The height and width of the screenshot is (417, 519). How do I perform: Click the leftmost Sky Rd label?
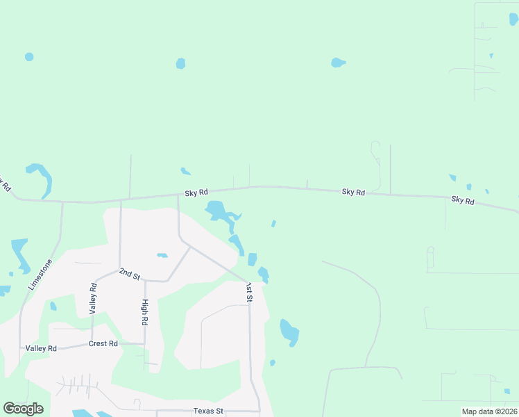196,193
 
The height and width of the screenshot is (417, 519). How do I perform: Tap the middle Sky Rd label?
353,192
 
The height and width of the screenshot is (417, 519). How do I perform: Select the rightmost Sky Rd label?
463,200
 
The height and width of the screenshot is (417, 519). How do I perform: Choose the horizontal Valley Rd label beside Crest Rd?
41,348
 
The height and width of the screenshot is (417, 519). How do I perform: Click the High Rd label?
144,313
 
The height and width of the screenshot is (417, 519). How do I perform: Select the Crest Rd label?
103,343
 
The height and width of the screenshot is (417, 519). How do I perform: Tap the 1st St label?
249,292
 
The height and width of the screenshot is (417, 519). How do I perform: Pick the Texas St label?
208,411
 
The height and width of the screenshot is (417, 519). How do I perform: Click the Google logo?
23,409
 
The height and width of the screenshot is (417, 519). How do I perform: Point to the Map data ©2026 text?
489,411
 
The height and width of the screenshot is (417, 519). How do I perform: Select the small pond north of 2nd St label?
162,256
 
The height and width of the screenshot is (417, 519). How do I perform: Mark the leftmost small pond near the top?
29,56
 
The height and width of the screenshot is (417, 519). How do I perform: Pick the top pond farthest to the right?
338,63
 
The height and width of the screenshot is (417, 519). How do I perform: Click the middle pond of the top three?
180,64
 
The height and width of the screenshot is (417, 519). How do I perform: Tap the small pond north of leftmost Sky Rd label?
185,171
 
